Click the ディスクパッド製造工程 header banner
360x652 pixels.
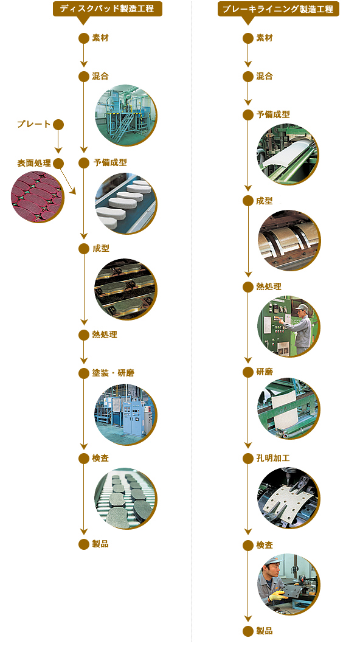pyautogui.click(x=107, y=9)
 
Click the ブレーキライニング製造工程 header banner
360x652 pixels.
pyautogui.click(x=278, y=9)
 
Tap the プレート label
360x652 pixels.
pyautogui.click(x=34, y=124)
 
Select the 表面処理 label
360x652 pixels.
pyautogui.click(x=34, y=163)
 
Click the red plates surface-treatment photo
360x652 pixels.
pyautogui.click(x=38, y=196)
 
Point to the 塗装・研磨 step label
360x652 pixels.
pyautogui.click(x=113, y=373)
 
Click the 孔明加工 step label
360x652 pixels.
pyautogui.click(x=272, y=458)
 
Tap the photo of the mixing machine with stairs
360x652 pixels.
pyautogui.click(x=126, y=115)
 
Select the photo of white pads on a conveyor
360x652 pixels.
pyautogui.click(x=126, y=204)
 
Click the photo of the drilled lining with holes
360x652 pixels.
pyautogui.click(x=288, y=498)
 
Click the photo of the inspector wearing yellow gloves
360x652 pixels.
pyautogui.click(x=288, y=584)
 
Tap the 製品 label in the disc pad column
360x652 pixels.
pyautogui.click(x=100, y=544)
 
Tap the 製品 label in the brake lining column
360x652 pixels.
pyautogui.click(x=265, y=631)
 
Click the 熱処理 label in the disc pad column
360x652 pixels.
pyautogui.click(x=105, y=335)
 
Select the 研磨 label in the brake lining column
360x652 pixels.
pyautogui.click(x=265, y=372)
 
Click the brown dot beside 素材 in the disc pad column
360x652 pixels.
pyautogui.click(x=84, y=38)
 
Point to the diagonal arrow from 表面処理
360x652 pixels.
pyautogui.click(x=68, y=181)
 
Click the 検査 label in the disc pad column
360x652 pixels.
pyautogui.click(x=100, y=458)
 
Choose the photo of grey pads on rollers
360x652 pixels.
pyautogui.click(x=126, y=499)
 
